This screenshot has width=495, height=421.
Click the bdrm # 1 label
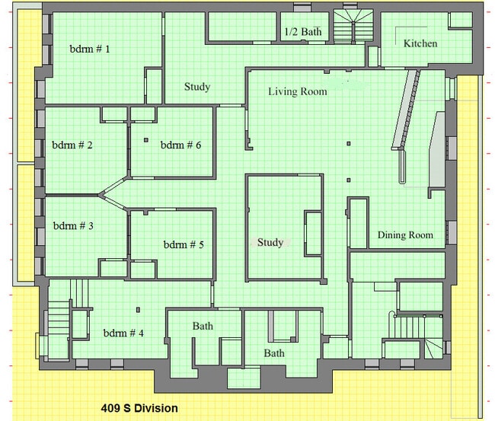[x=90, y=49]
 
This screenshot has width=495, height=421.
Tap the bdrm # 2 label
[x=72, y=145]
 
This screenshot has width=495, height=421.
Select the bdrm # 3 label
[x=73, y=225]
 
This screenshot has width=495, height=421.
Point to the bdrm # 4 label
[x=123, y=333]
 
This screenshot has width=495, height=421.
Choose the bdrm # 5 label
[x=184, y=244]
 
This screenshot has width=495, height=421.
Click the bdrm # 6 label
[x=180, y=145]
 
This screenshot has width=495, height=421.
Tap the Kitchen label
[x=420, y=43]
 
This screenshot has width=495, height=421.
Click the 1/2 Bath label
[x=303, y=31]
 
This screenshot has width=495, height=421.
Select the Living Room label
[x=298, y=91]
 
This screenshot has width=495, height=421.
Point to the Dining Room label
[x=405, y=234]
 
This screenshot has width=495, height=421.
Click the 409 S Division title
[x=139, y=408]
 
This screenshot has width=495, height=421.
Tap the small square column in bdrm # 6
[x=146, y=140]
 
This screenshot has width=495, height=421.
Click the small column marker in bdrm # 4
[x=138, y=310]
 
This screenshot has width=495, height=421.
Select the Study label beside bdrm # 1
[x=197, y=87]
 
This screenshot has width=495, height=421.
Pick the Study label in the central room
[x=270, y=242]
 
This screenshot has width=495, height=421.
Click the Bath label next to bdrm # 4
[x=203, y=326]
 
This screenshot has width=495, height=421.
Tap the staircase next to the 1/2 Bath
[x=353, y=26]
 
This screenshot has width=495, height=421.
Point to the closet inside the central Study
[x=313, y=234]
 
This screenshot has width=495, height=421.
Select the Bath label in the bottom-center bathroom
[x=274, y=353]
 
